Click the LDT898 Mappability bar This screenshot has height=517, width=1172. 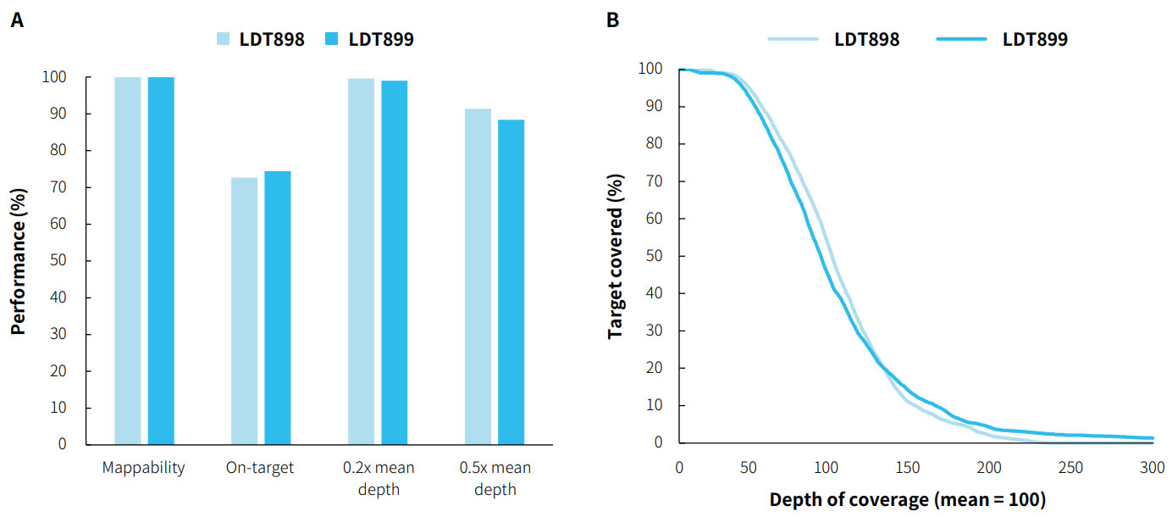[128, 260]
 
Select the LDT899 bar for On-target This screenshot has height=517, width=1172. [278, 308]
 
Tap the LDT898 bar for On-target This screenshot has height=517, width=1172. [245, 311]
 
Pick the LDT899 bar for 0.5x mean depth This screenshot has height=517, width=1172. [511, 281]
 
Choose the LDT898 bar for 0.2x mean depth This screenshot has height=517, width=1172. [362, 261]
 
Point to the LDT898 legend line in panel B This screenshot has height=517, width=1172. [793, 39]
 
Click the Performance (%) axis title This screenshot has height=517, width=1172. [19, 261]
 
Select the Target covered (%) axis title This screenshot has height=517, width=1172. [616, 256]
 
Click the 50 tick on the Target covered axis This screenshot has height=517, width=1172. [654, 256]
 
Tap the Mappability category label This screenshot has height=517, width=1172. [144, 468]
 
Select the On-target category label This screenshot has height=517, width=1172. [261, 468]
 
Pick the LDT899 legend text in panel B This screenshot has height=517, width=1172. [1035, 39]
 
